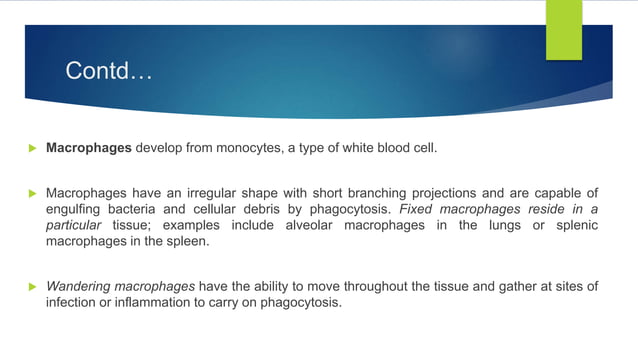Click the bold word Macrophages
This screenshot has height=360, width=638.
tap(89, 148)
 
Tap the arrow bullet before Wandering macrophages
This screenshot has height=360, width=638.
tap(30, 287)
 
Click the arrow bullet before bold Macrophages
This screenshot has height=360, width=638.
tap(30, 148)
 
